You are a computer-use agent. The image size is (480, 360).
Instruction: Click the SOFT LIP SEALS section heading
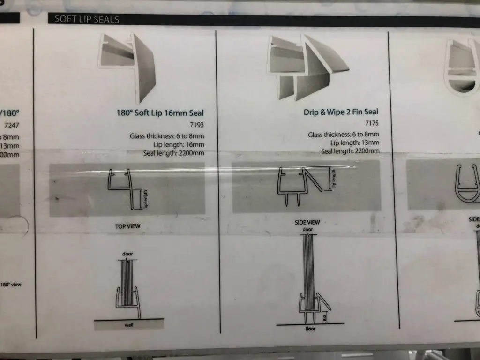click(x=87, y=19)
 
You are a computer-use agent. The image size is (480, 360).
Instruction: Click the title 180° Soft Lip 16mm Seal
click(x=160, y=113)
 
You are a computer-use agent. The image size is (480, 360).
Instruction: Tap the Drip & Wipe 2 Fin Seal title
click(x=341, y=112)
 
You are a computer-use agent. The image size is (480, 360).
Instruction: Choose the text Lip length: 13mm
click(x=355, y=143)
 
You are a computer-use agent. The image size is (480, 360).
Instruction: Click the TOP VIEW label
click(x=127, y=226)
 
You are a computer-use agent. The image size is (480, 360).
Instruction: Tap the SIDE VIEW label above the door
click(x=307, y=222)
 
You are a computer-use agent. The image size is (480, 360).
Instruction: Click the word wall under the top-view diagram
click(x=128, y=324)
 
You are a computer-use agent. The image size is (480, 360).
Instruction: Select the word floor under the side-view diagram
click(x=310, y=329)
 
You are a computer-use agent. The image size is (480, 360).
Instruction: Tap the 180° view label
click(x=11, y=285)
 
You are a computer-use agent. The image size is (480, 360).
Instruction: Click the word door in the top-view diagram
click(x=127, y=254)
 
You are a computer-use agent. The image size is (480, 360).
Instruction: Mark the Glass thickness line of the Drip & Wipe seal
click(x=343, y=135)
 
